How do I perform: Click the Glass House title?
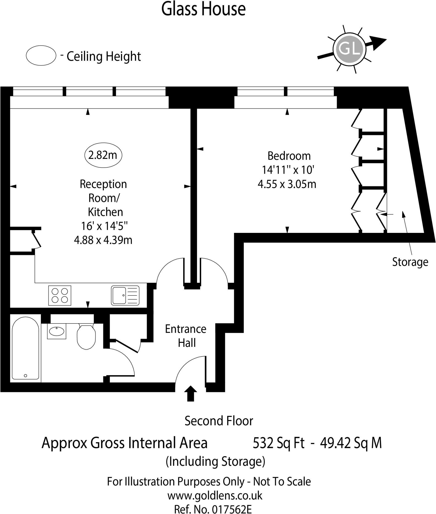tap(203, 10)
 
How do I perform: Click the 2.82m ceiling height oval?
tap(103, 155)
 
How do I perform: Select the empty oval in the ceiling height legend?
tap(41, 55)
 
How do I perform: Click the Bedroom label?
tap(289, 156)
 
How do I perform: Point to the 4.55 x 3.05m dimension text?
tap(287, 184)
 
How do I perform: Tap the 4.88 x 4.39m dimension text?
tap(103, 240)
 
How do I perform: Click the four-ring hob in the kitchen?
tap(60, 295)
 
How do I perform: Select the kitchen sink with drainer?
tap(125, 295)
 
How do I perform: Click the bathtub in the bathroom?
tap(25, 348)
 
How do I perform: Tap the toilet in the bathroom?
tap(86, 336)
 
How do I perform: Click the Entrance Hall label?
tap(186, 336)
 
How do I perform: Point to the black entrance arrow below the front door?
tap(191, 393)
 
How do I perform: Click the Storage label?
tap(410, 262)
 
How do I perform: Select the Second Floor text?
tap(219, 421)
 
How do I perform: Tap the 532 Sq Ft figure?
tap(278, 443)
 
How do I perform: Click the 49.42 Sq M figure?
tap(351, 443)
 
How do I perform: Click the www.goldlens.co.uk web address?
tap(215, 495)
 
